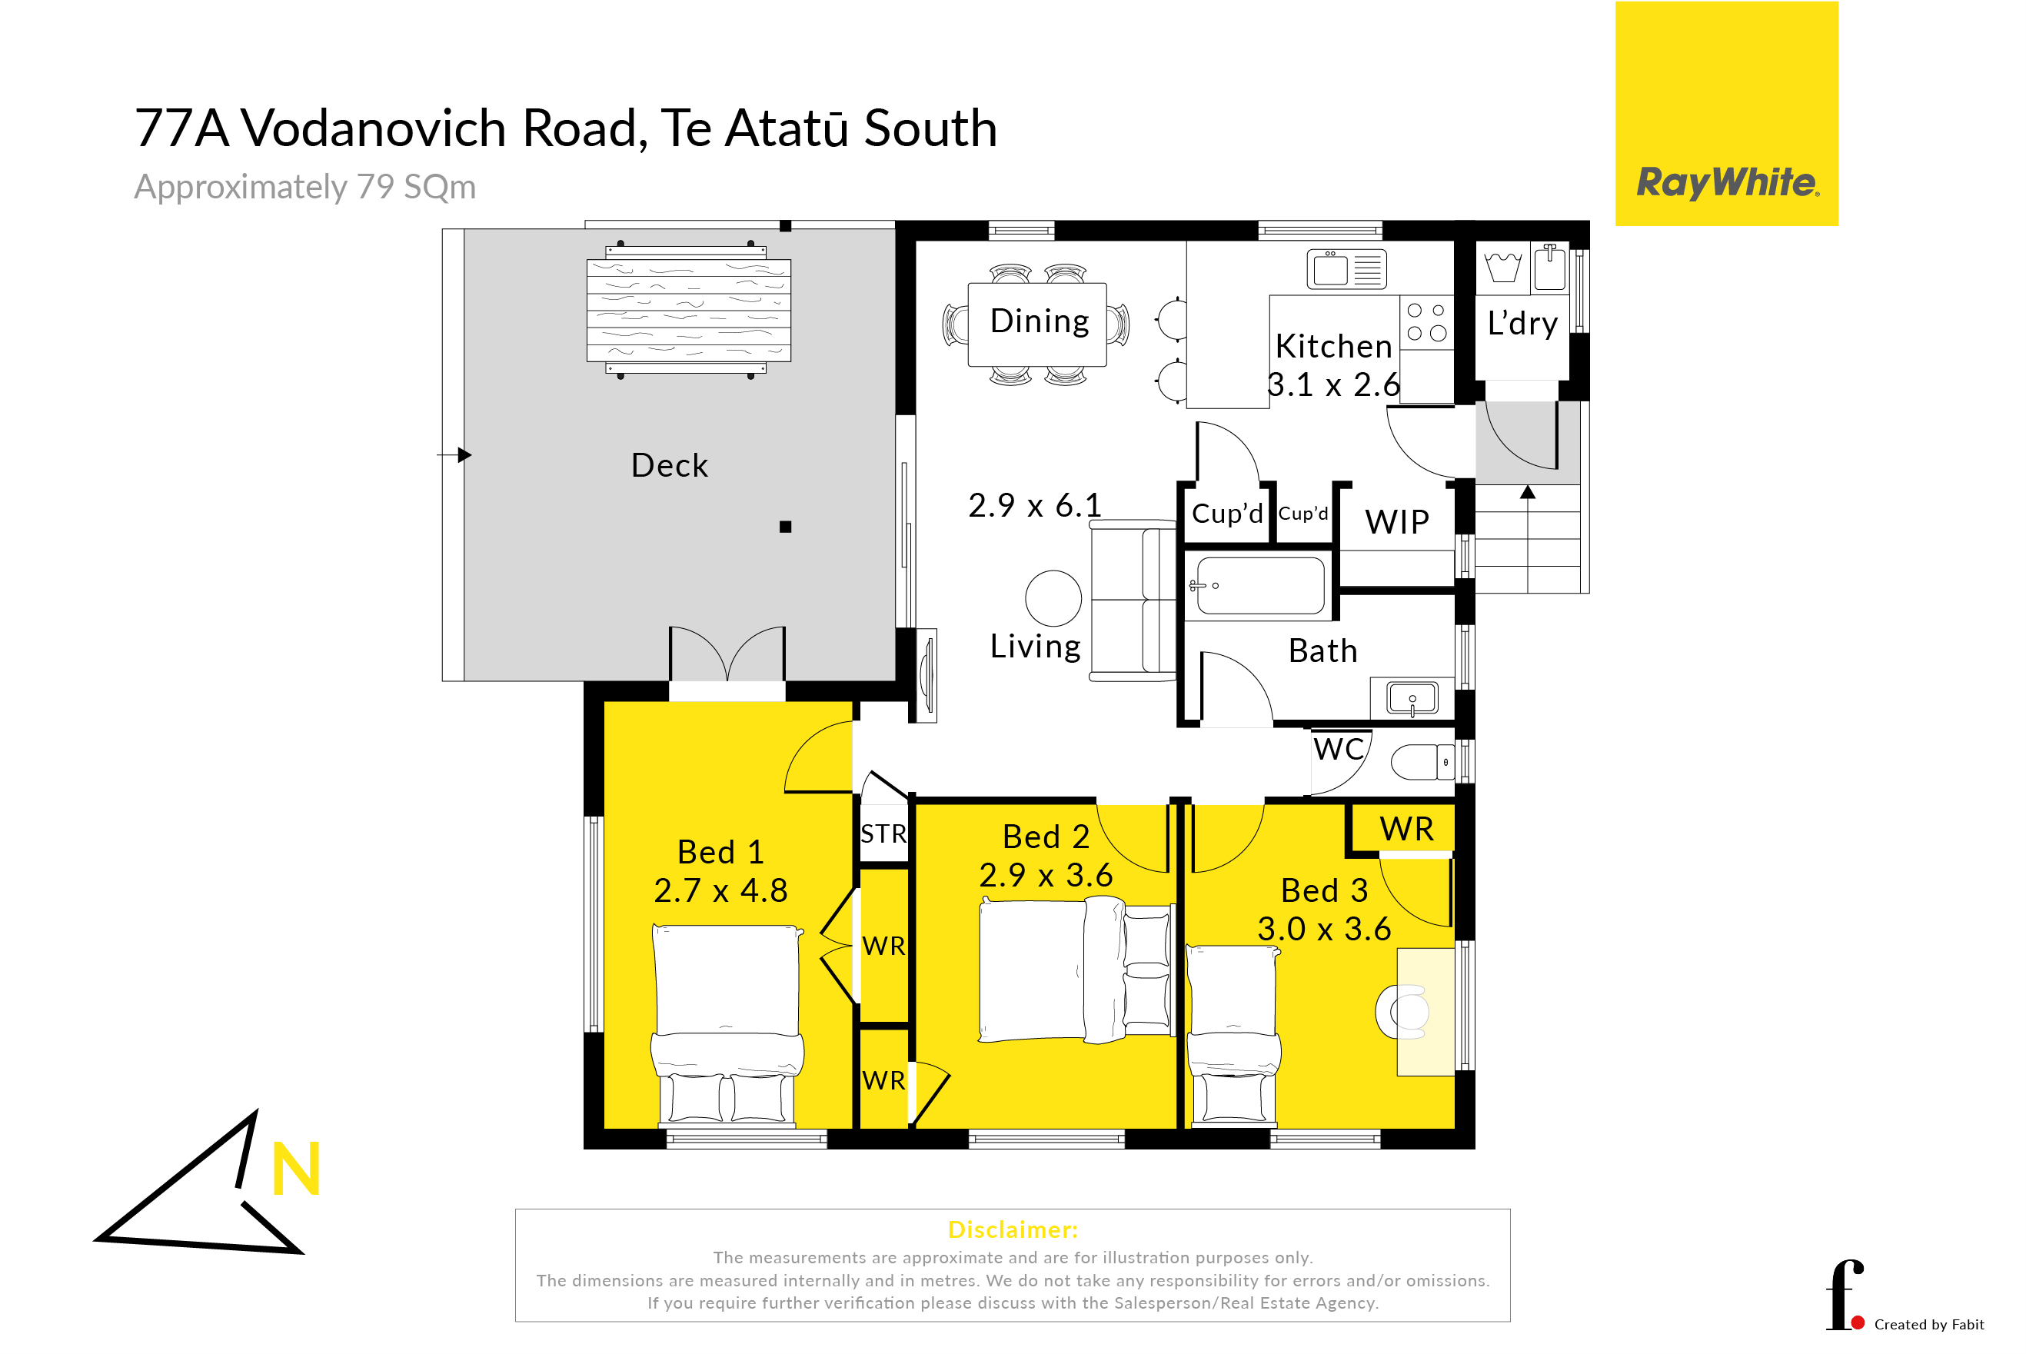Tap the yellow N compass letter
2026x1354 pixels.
click(296, 1169)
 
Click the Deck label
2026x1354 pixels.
click(669, 465)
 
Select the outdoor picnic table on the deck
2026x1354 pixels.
click(688, 311)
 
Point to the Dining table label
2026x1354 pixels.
click(1039, 321)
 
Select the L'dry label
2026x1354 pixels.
click(1522, 323)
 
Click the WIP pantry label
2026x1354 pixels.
click(1396, 522)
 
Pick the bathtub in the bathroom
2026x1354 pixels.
click(1260, 585)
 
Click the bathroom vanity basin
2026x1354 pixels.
click(1412, 697)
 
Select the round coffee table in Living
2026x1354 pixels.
click(1053, 598)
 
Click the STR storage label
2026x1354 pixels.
click(883, 834)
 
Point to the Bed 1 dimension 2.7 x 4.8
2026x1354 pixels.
click(720, 890)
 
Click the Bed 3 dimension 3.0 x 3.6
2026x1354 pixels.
click(1324, 929)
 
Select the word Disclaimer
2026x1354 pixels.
click(1013, 1229)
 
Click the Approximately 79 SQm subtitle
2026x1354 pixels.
click(304, 188)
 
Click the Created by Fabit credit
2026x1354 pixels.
click(1928, 1325)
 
